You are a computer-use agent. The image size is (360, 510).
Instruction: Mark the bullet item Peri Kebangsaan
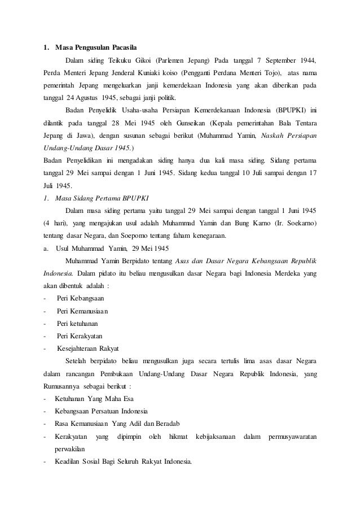coord(80,298)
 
